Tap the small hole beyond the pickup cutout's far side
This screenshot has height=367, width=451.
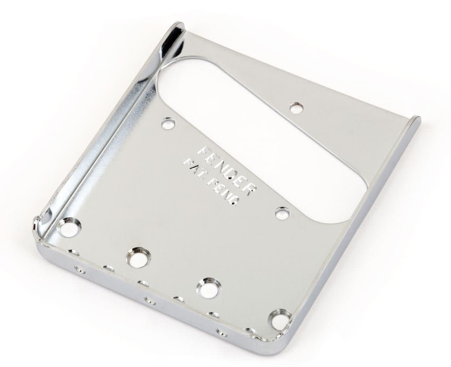tap(296, 108)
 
